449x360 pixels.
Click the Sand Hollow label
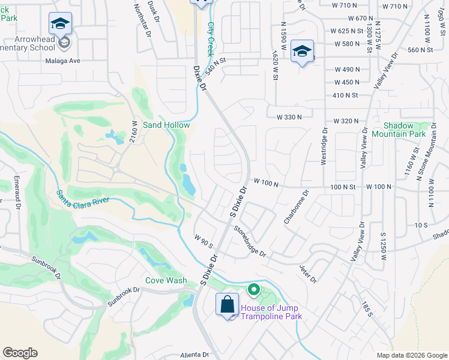(x=166, y=125)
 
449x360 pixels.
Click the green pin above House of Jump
(x=254, y=291)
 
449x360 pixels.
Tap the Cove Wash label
(x=166, y=280)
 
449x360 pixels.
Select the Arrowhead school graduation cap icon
(x=60, y=23)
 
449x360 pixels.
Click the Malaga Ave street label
(x=62, y=61)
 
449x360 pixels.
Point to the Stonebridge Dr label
(x=250, y=241)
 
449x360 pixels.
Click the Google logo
(x=20, y=353)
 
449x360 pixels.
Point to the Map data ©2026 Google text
(x=411, y=355)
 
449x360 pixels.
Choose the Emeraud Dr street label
(x=17, y=191)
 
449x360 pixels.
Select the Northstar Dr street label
(x=142, y=19)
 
